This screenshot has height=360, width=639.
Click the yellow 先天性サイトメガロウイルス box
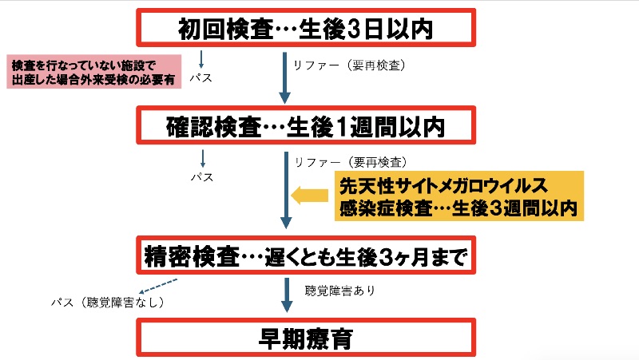pos(458,197)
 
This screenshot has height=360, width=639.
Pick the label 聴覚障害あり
pos(340,291)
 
